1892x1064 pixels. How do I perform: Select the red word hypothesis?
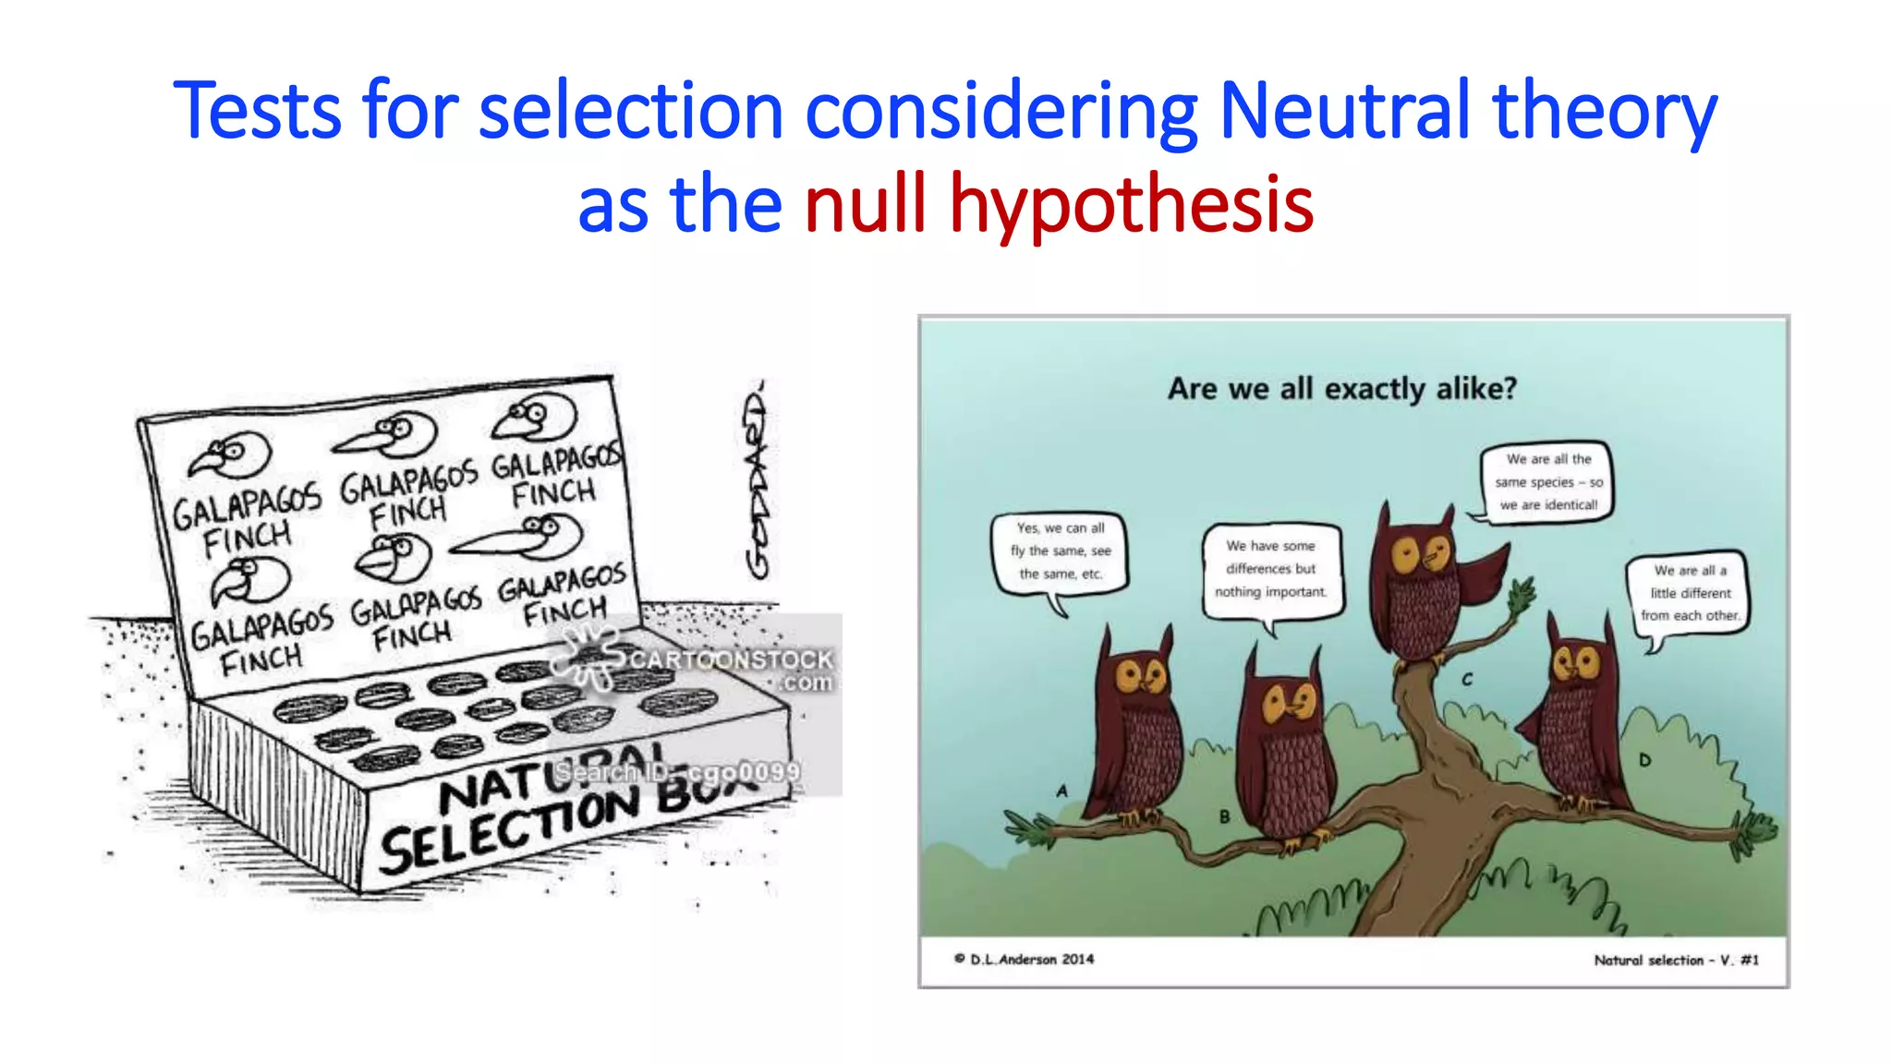pos(1132,205)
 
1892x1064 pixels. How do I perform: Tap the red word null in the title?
pos(865,205)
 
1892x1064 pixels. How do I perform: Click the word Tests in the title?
pos(258,112)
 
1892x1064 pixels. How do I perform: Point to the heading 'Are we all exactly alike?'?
pos(1341,389)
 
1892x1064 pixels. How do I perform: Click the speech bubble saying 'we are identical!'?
pos(1546,482)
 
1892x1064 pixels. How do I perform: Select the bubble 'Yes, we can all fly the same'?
pos(1060,551)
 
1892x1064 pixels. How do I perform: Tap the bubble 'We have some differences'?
pos(1270,569)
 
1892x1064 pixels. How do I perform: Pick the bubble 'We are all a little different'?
pos(1690,593)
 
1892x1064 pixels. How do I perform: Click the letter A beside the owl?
pos(1061,791)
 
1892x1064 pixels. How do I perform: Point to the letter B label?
pos(1224,816)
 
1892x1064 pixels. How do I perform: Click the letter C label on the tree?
pos(1467,680)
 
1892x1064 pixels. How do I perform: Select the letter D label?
pos(1644,760)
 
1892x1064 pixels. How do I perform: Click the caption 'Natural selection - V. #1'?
pos(1676,961)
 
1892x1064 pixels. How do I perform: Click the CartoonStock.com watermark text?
pos(730,660)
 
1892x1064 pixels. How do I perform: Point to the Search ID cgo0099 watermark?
pos(679,772)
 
